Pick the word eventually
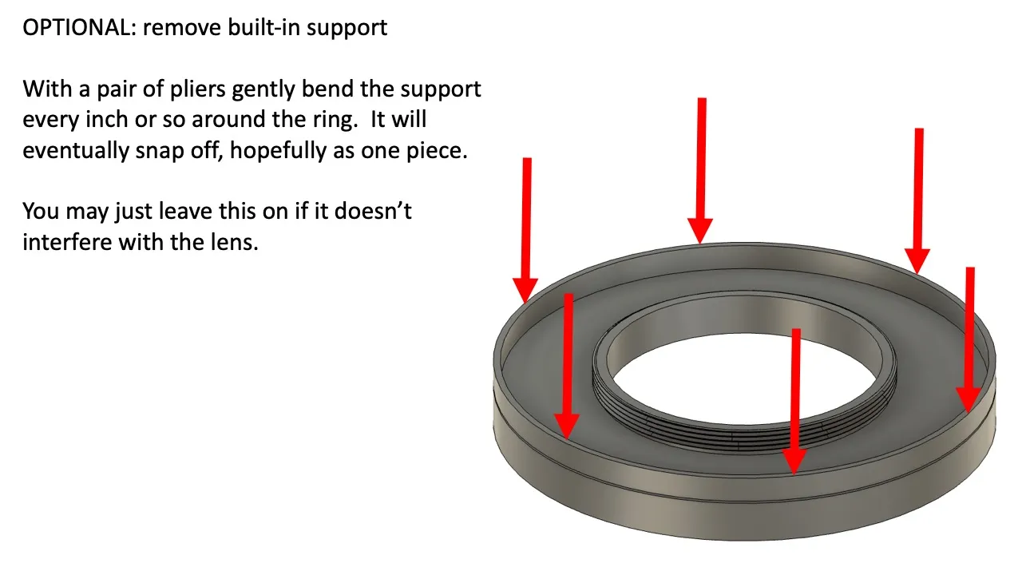pyautogui.click(x=78, y=150)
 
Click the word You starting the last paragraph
pyautogui.click(x=41, y=212)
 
